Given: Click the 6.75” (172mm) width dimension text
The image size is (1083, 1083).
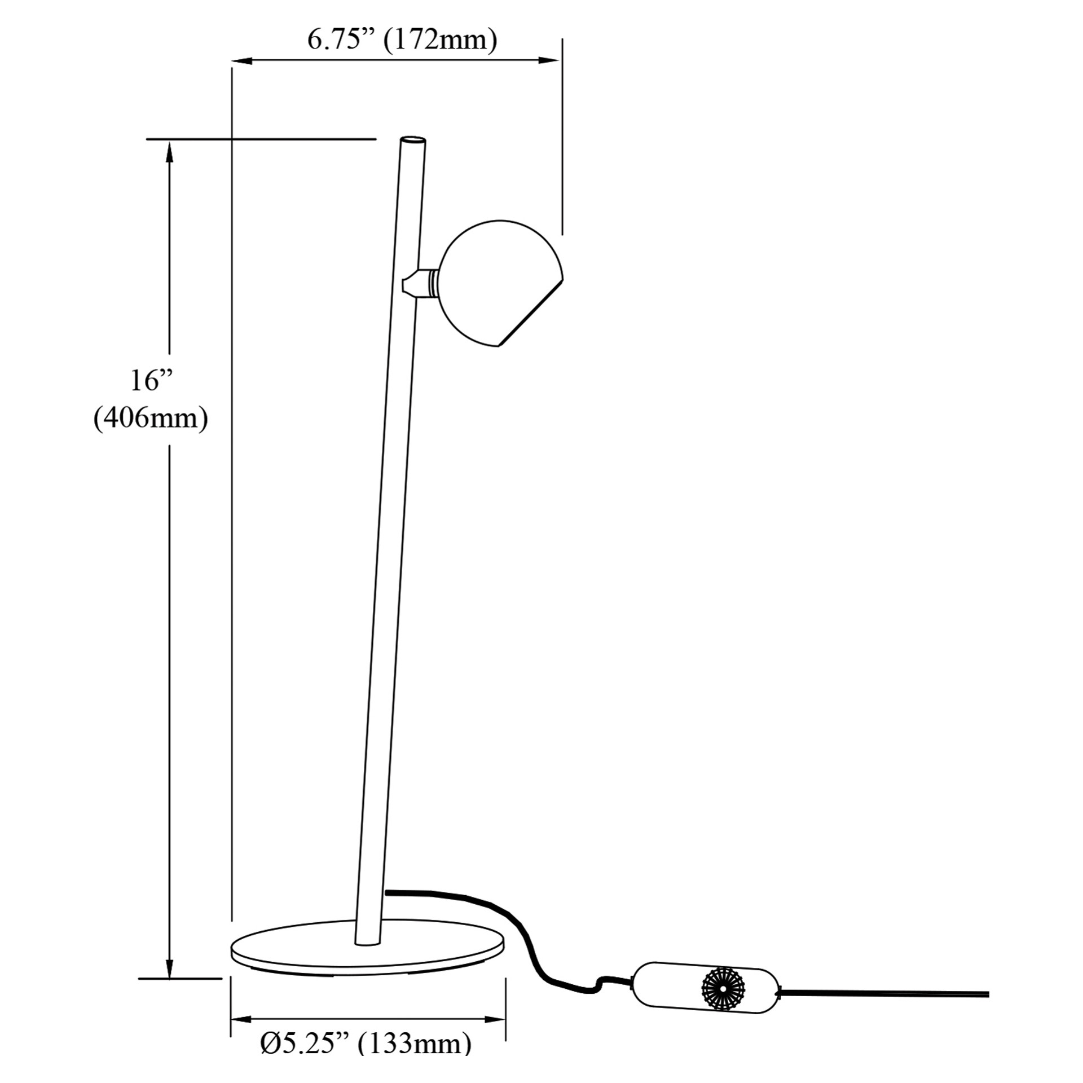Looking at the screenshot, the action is click(402, 41).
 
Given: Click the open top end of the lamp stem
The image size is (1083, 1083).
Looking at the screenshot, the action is click(413, 140).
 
